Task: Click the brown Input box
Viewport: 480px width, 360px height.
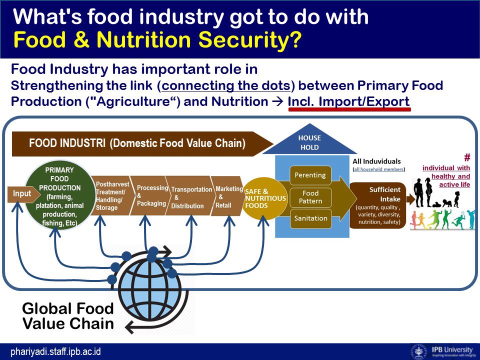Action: coord(21,194)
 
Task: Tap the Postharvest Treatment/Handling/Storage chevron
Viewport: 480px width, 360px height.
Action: coord(111,195)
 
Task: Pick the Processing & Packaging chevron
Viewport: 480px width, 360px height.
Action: coord(149,195)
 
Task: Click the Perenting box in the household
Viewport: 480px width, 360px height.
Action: coord(310,175)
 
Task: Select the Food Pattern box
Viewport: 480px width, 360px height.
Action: coord(310,196)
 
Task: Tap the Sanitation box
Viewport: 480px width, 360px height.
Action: coord(310,218)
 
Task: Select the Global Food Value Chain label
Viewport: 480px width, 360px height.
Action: coord(68,316)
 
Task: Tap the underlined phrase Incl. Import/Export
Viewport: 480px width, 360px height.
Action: coord(348,101)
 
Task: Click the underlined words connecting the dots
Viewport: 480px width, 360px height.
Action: coord(225,85)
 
